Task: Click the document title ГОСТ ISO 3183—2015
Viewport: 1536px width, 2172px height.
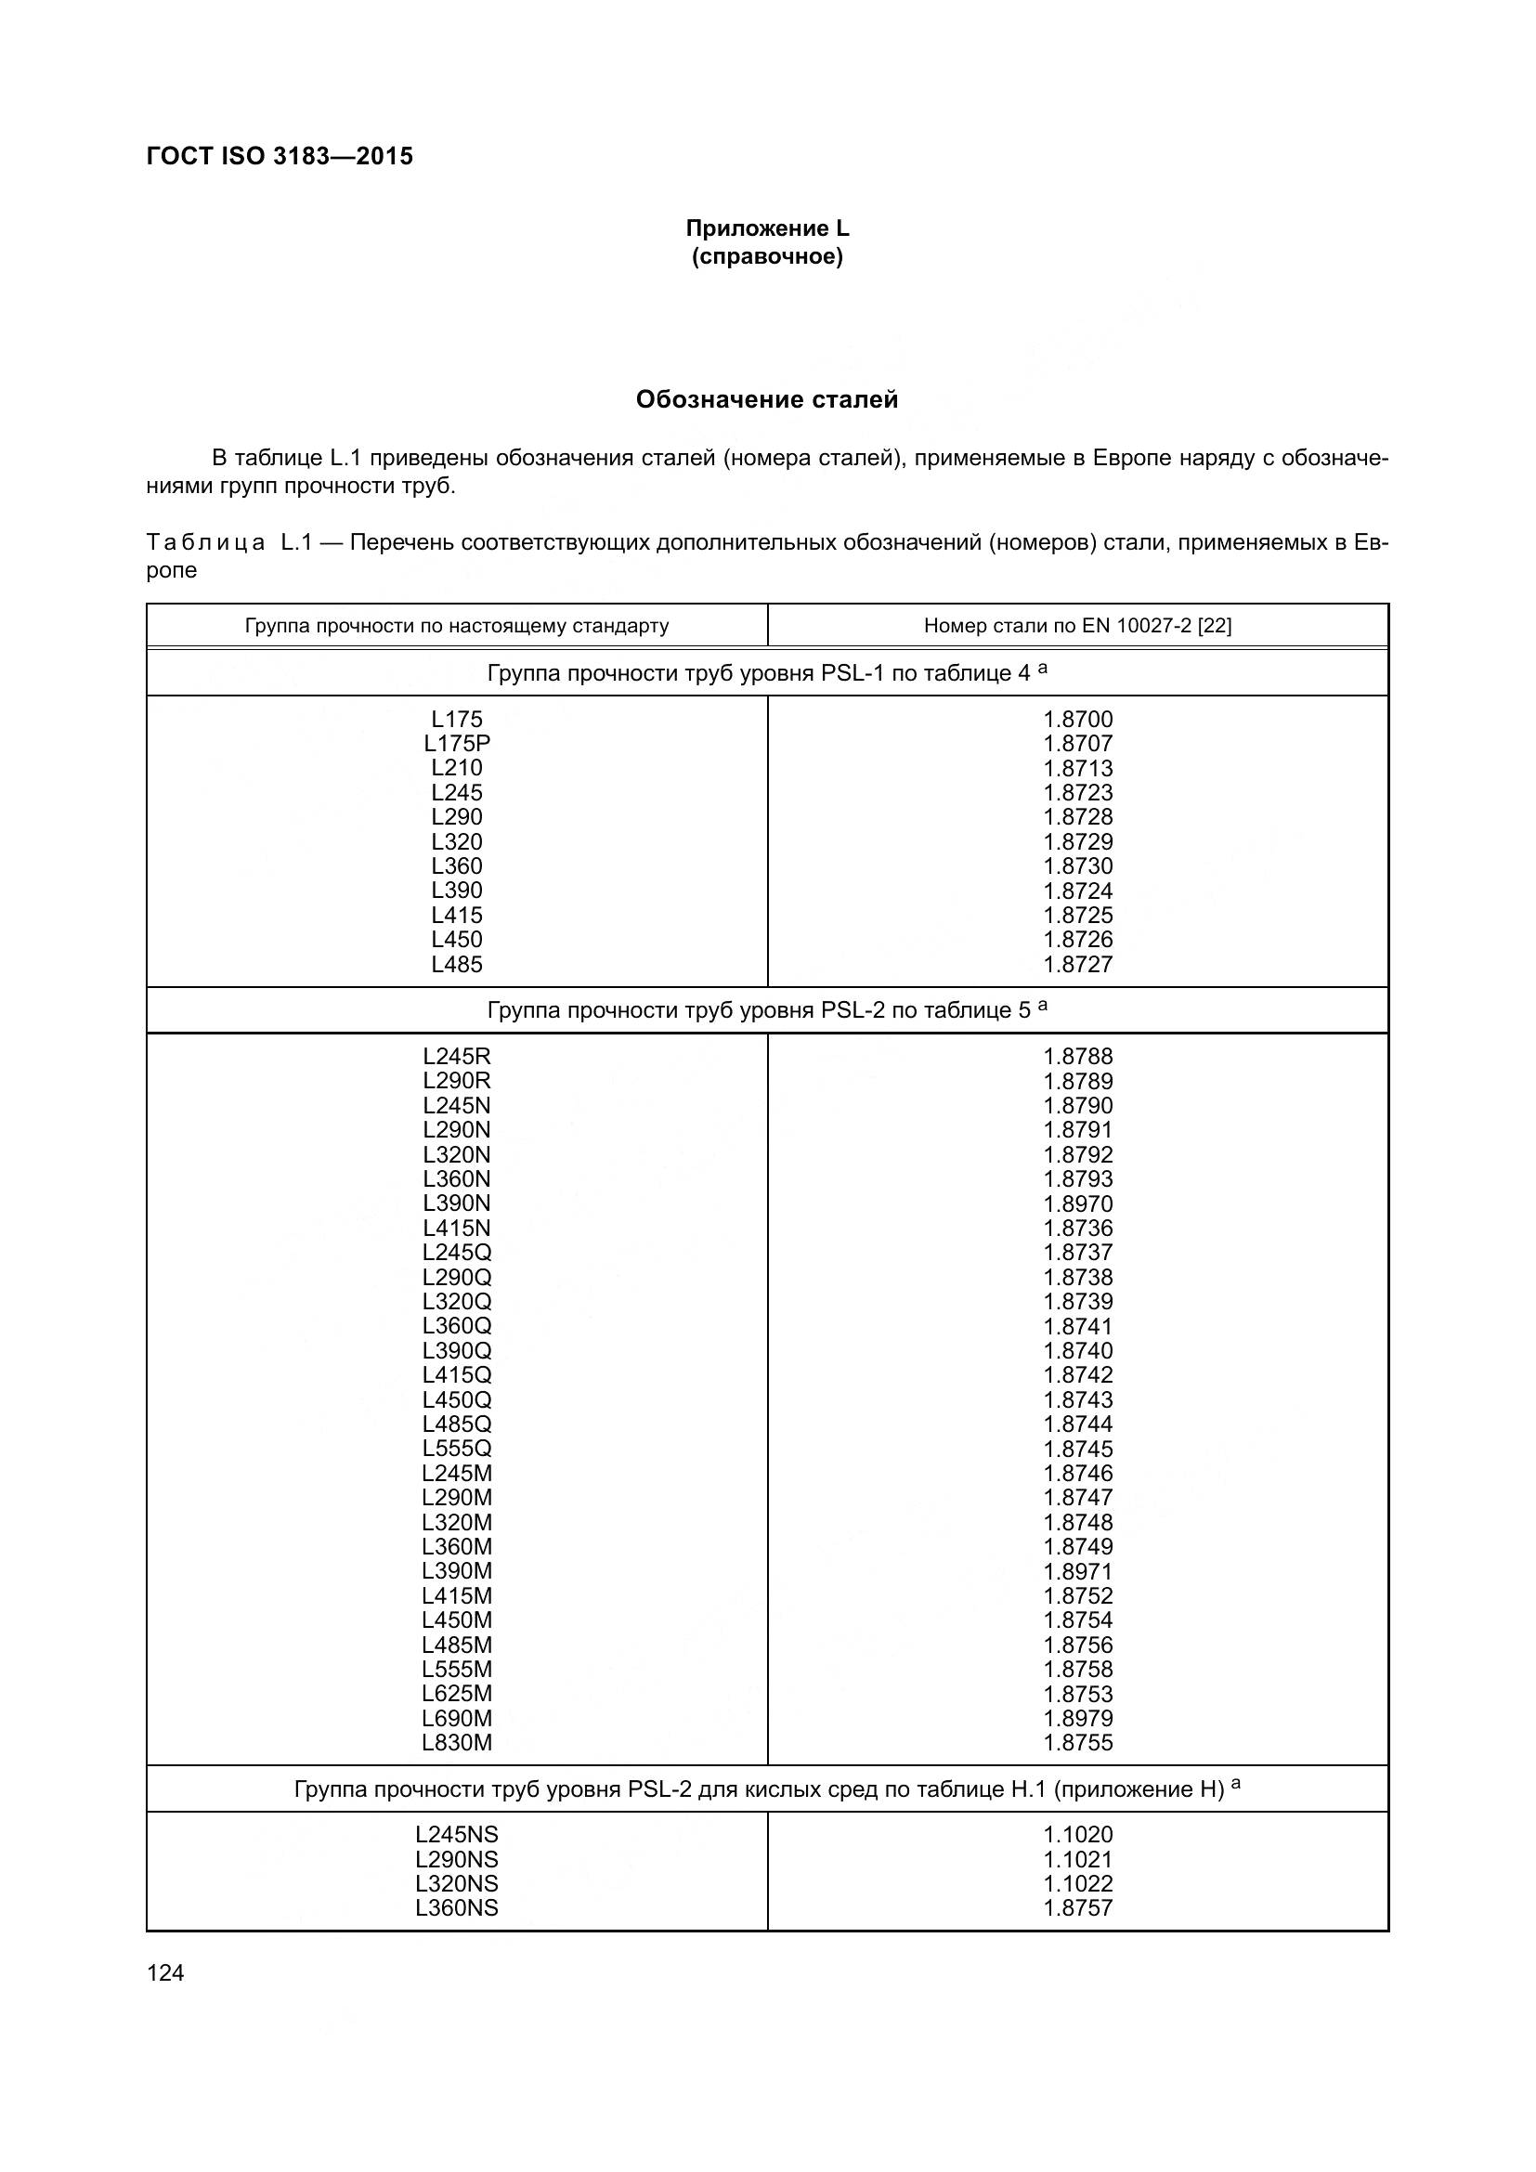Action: tap(280, 156)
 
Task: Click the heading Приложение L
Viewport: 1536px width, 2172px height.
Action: tap(767, 228)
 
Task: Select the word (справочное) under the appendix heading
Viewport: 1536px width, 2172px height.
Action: tap(767, 257)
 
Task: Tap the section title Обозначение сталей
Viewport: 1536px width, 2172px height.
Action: tap(767, 399)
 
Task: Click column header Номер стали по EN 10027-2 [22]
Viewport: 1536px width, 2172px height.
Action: tap(1077, 625)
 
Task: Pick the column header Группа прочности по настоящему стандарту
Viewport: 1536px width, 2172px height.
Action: tap(457, 625)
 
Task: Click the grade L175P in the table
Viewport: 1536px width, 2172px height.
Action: tap(457, 744)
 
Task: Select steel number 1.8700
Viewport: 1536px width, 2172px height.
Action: tap(1078, 719)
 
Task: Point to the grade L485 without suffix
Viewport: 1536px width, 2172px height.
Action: tap(457, 964)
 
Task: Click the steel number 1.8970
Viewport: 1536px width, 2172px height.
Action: tap(1078, 1203)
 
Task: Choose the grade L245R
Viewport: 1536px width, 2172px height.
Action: tap(457, 1056)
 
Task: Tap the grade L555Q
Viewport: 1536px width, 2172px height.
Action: tap(457, 1449)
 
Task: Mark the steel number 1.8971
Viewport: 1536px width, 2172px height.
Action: tap(1078, 1571)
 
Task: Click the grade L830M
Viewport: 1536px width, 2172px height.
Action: tap(457, 1742)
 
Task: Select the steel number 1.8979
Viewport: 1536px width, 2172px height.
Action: tap(1078, 1718)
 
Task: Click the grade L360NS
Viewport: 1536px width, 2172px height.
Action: tap(457, 1907)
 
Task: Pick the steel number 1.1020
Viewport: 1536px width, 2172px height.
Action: tap(1078, 1834)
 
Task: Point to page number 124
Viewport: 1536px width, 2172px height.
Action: tap(165, 1972)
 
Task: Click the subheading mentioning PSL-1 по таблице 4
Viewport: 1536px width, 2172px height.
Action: tap(767, 672)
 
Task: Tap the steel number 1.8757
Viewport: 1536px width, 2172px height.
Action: tap(1078, 1907)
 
